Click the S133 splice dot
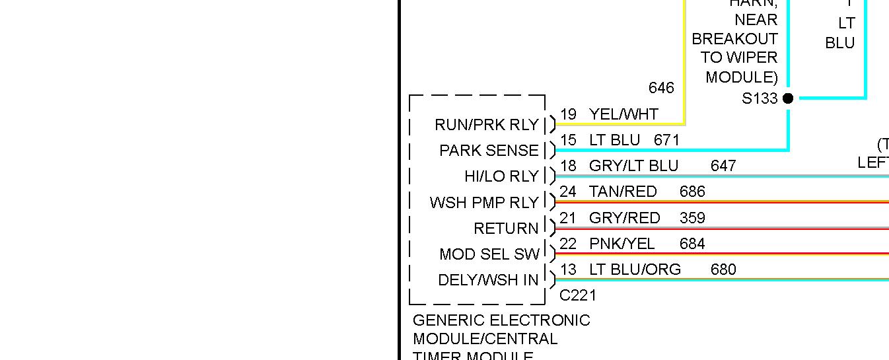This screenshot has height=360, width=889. (x=788, y=98)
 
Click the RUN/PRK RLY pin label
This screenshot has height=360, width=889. (x=487, y=125)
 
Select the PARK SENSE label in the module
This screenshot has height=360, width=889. (x=489, y=151)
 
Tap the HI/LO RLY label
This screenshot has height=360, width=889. (x=501, y=176)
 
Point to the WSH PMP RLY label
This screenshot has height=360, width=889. (x=484, y=203)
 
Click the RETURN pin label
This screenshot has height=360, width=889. (x=506, y=229)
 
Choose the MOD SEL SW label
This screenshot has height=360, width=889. (x=489, y=254)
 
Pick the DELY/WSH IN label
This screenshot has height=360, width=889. (x=488, y=280)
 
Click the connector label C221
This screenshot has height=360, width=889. (x=578, y=295)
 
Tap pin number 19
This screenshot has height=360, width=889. (x=568, y=114)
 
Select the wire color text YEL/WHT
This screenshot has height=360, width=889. (x=623, y=114)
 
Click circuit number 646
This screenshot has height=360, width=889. (x=661, y=88)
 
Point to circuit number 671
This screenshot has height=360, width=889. (x=666, y=140)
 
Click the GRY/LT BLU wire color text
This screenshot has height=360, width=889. (x=633, y=166)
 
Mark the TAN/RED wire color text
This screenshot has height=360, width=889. (x=623, y=192)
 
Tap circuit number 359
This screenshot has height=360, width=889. (x=692, y=217)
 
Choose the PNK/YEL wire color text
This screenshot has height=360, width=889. (x=622, y=244)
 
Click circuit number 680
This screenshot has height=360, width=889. (x=723, y=270)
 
